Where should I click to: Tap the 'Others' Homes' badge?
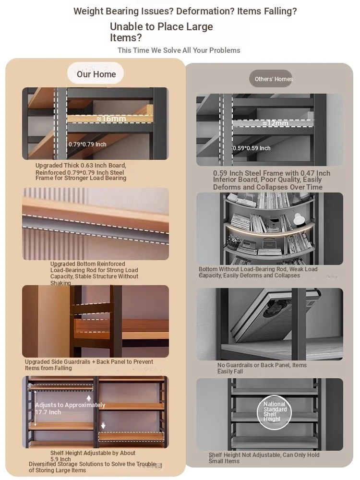pos(271,79)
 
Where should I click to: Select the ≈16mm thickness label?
pos(111,118)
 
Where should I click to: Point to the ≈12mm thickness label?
pos(275,123)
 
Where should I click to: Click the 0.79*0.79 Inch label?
pos(87,144)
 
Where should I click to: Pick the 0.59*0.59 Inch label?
pos(252,148)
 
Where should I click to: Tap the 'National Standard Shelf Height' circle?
pos(274,412)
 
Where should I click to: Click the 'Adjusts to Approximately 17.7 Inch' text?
pos(70,408)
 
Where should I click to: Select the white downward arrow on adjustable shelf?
pos(103,425)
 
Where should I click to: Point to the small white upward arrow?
pos(89,398)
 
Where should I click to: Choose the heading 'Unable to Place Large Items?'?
pos(161,32)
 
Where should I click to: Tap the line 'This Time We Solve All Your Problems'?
pos(179,50)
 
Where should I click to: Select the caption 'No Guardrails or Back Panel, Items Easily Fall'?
pos(262,368)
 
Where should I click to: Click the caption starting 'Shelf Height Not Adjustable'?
pos(264,458)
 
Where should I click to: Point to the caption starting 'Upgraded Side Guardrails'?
pos(89,365)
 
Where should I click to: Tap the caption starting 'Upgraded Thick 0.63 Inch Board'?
pos(81,171)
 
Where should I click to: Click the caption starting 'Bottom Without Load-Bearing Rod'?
pos(258,272)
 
